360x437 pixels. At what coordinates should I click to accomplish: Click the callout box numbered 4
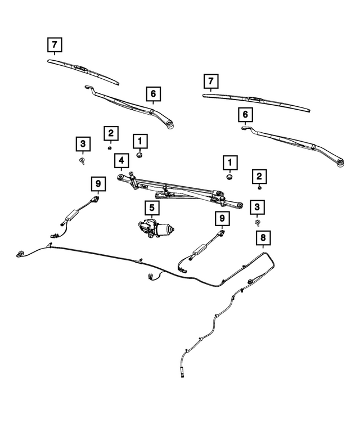coord(120,162)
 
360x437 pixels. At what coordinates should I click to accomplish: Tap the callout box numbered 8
coord(262,238)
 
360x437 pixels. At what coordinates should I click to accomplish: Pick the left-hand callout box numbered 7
coord(54,44)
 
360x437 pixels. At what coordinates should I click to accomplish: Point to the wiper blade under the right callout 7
coord(256,102)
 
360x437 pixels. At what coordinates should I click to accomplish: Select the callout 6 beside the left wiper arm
coord(153,94)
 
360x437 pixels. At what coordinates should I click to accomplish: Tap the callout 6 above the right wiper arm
coord(245,115)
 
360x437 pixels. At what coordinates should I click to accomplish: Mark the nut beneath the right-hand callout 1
coord(229,178)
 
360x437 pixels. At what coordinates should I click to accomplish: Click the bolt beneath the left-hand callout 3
coord(83,160)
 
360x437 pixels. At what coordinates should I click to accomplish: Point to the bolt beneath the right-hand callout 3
coord(258,223)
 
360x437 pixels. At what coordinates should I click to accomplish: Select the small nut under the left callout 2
coord(110,148)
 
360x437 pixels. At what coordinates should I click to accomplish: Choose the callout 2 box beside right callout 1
coord(259,177)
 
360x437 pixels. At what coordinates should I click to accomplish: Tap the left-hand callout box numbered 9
coord(97,183)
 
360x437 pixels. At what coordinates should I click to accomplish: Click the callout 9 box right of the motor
coord(222,218)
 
